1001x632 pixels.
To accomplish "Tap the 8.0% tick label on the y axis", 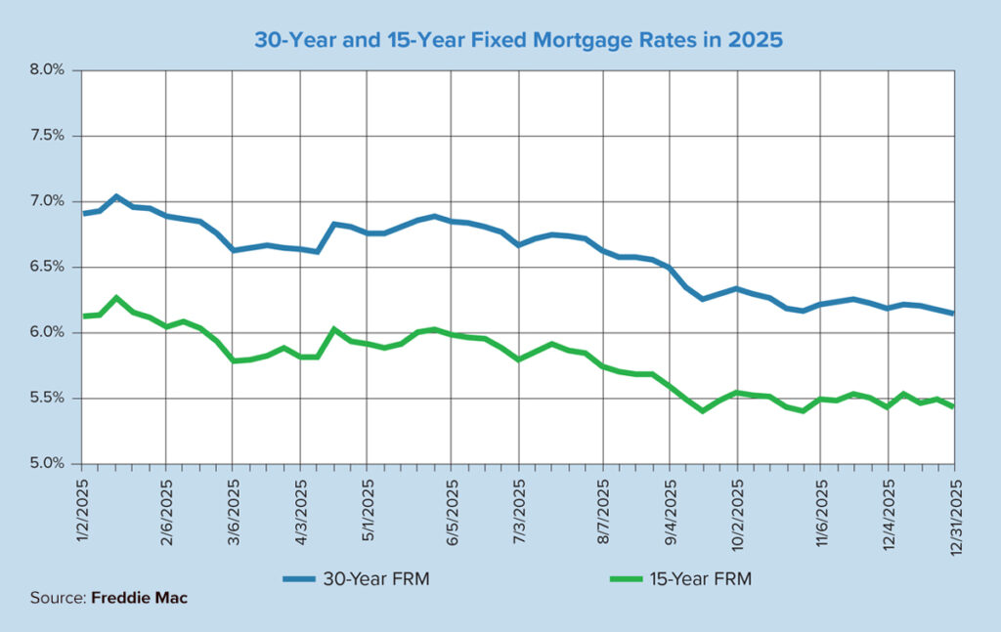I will (46, 70).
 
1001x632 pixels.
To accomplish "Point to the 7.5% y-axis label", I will (46, 136).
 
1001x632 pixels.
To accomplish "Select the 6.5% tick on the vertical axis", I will (46, 267).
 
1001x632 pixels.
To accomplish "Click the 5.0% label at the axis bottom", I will (46, 463).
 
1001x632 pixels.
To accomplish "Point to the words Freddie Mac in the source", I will (139, 598).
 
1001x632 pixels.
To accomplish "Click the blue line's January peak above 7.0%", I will (116, 196).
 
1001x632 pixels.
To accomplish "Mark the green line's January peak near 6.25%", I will (116, 297).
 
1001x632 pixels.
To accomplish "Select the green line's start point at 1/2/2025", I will (82, 316).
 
